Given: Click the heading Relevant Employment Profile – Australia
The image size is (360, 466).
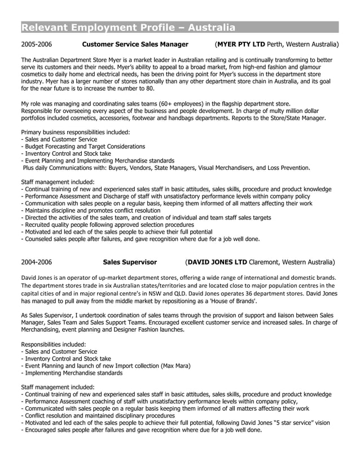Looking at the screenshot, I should (128, 28).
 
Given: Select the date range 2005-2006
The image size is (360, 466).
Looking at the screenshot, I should (37, 44).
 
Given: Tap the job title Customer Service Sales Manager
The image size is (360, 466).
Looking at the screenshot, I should (135, 44).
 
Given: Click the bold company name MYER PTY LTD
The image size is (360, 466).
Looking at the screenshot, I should (241, 44).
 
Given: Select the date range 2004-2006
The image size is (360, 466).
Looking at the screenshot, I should (37, 262).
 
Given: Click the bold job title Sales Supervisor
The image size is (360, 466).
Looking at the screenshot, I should (130, 262).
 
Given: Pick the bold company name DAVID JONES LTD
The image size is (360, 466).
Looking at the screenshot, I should (217, 262).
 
